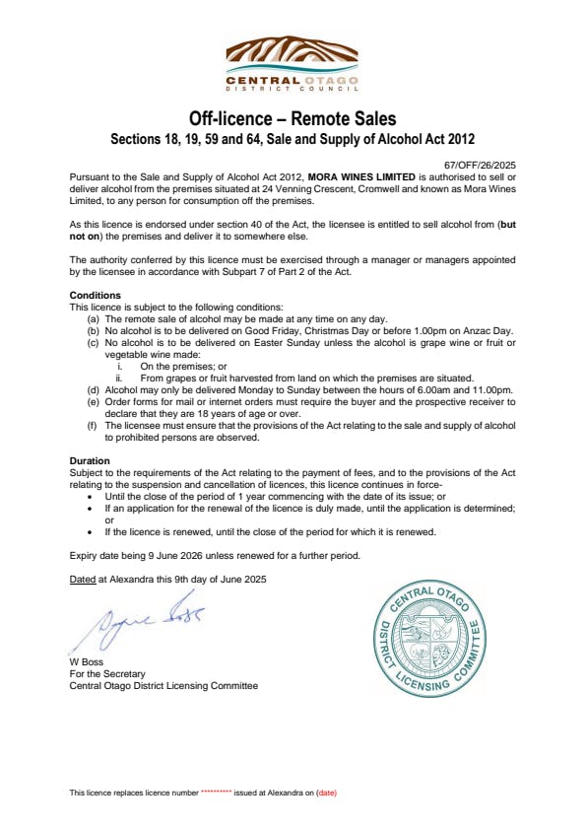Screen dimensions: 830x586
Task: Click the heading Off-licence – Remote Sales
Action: click(x=293, y=119)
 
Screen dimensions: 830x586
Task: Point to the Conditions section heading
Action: click(x=96, y=295)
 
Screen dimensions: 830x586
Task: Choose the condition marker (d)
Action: click(x=94, y=391)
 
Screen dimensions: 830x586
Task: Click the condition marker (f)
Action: click(x=94, y=425)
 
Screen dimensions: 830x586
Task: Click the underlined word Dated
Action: click(x=83, y=579)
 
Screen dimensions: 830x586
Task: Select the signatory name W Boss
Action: click(x=87, y=661)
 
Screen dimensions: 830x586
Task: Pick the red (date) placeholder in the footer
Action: click(x=327, y=793)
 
